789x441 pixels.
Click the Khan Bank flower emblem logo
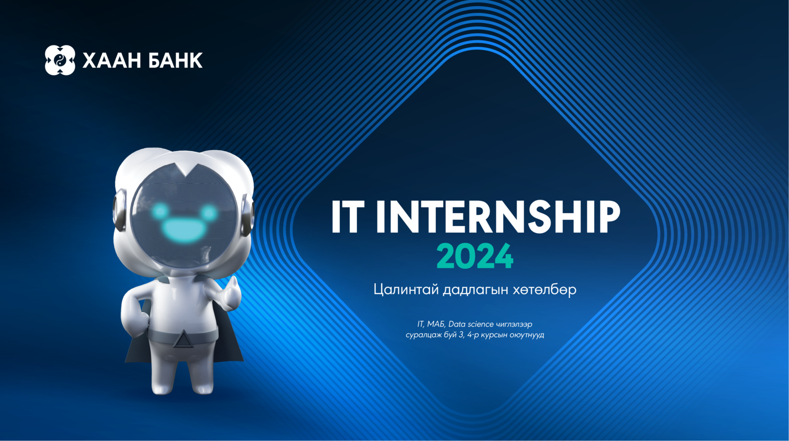tap(60, 60)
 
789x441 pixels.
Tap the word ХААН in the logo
tap(112, 61)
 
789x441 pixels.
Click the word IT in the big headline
tap(348, 217)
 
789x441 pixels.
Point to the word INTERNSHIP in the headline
tap(498, 217)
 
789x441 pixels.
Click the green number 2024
tap(475, 256)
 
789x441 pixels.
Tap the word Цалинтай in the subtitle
tap(406, 290)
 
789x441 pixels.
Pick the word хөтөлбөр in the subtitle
tap(544, 290)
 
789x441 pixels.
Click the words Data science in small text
tap(471, 324)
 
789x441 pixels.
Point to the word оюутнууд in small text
tap(527, 335)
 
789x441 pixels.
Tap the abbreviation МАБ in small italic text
tap(436, 324)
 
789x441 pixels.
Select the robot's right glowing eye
tap(209, 212)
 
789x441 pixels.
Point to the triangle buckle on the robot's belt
tap(183, 339)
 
